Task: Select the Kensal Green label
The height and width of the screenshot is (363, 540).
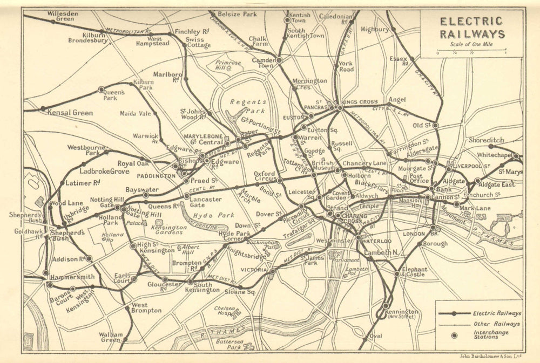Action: tap(70, 113)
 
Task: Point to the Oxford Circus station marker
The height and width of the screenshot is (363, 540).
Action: tap(280, 180)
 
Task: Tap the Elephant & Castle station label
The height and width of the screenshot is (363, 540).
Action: tap(414, 272)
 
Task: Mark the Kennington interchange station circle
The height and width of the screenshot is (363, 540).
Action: tap(386, 306)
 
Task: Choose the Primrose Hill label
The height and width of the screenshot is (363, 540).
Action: tap(228, 66)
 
